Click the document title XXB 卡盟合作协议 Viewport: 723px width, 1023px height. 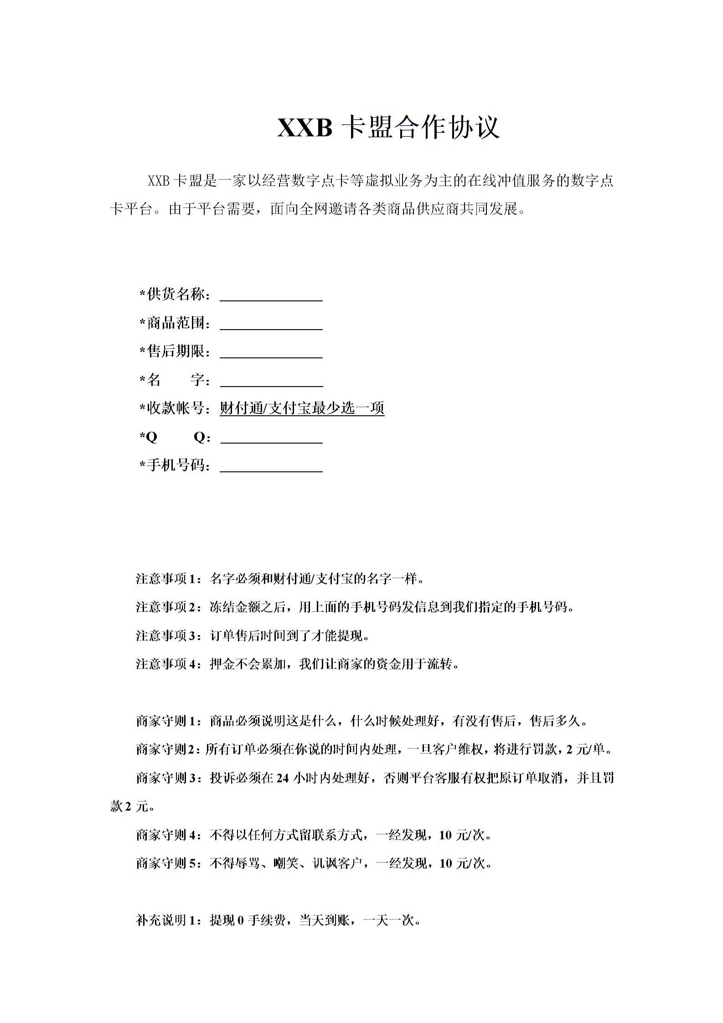click(388, 127)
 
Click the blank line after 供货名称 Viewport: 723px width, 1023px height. click(271, 297)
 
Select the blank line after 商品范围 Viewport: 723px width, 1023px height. click(271, 325)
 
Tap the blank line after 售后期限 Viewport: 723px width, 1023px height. click(271, 354)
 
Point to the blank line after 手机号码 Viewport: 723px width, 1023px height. click(271, 468)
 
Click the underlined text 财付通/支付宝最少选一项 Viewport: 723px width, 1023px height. click(302, 408)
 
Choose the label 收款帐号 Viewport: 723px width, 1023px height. click(176, 408)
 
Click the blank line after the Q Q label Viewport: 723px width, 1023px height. click(272, 439)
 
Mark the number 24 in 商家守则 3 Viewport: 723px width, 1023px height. click(283, 778)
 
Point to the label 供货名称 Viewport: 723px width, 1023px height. click(176, 294)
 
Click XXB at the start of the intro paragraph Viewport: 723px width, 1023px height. click(159, 181)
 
